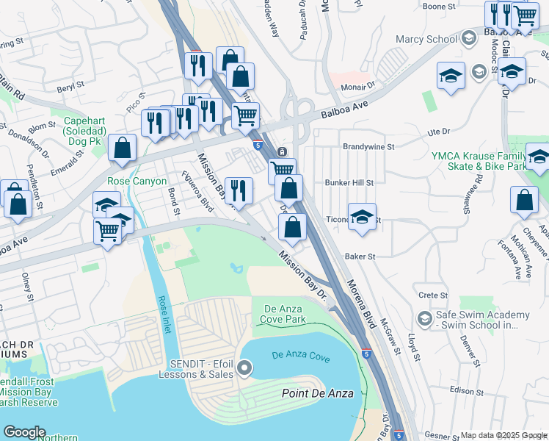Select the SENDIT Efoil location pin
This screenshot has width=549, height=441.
point(245,367)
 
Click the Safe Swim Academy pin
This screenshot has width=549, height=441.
point(423,318)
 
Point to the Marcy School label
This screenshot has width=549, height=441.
point(426,39)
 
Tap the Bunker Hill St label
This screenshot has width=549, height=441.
point(349,182)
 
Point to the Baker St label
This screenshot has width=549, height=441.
point(360,257)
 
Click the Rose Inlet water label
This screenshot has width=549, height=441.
point(164,315)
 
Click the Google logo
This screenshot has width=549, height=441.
point(23,432)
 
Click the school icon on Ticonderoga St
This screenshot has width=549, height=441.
point(362,217)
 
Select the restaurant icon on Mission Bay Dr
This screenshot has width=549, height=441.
point(239,191)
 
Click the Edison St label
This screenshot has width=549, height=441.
point(463,390)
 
